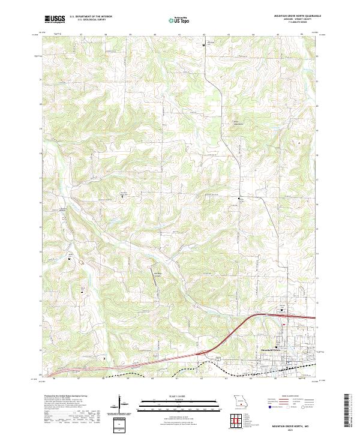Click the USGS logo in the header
pos(55,19)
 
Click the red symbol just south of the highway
pos(284,325)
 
